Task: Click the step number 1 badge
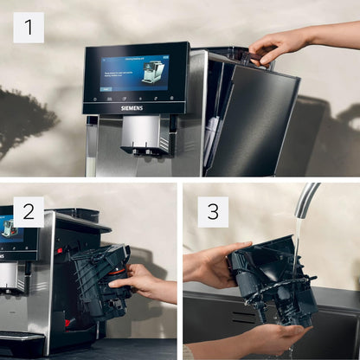click(x=28, y=28)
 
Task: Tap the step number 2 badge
click(x=28, y=211)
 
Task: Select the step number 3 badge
click(x=212, y=211)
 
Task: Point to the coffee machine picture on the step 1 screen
click(x=153, y=71)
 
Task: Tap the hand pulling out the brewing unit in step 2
click(x=143, y=283)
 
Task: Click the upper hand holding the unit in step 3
click(x=208, y=265)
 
